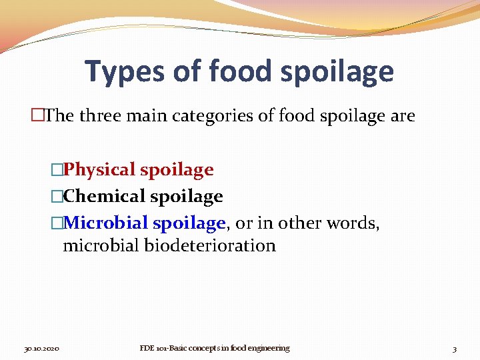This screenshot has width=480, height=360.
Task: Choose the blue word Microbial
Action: click(108, 223)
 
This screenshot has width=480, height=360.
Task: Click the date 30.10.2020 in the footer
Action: click(42, 349)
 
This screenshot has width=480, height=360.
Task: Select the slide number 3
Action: click(454, 349)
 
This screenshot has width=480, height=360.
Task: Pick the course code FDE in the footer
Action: click(146, 348)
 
